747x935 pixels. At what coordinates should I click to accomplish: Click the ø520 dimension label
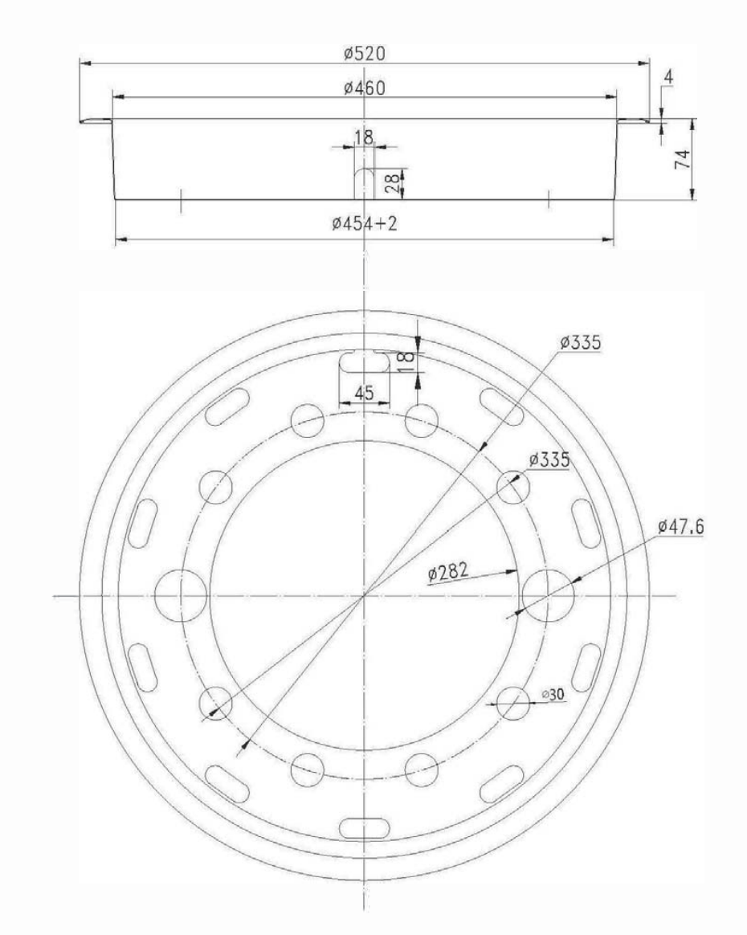(x=364, y=54)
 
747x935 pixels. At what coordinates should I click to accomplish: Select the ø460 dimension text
(x=364, y=88)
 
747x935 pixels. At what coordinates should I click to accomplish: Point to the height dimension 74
(x=684, y=157)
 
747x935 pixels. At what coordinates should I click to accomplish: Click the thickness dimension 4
(x=669, y=78)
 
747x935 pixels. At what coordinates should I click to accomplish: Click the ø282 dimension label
(x=448, y=574)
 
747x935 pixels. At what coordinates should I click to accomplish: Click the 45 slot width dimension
(x=364, y=394)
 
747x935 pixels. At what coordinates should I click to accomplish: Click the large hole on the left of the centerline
(x=180, y=595)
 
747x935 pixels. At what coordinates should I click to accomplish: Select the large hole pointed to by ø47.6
(x=548, y=595)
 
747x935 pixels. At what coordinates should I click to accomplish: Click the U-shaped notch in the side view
(x=364, y=183)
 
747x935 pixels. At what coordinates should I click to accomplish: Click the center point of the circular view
(x=364, y=595)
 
